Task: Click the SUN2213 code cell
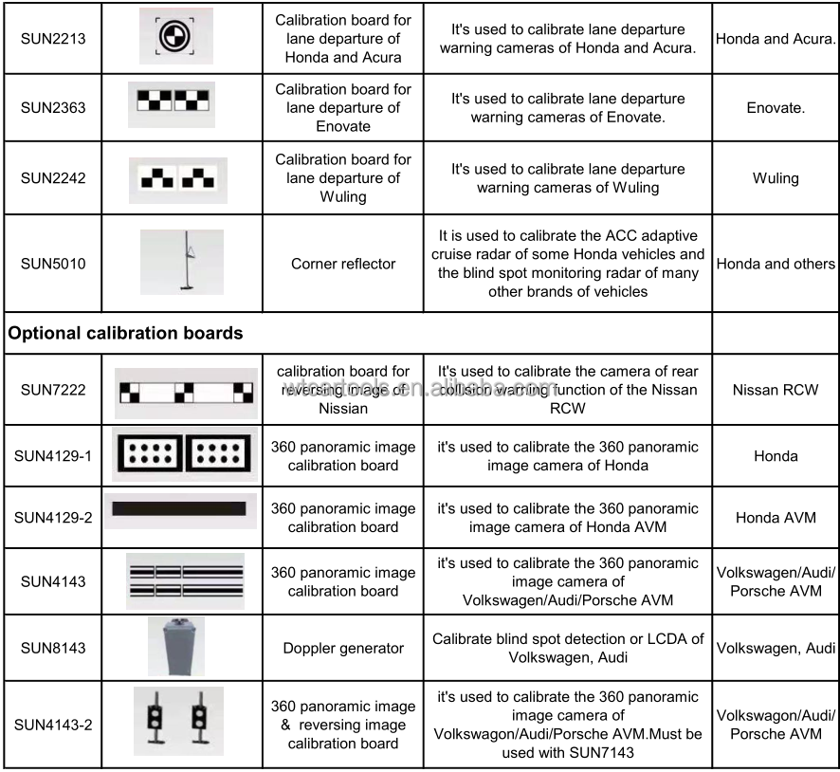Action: pos(53,38)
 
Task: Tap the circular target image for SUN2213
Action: pos(171,37)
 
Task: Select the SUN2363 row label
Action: pos(53,107)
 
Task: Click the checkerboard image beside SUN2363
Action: pos(172,104)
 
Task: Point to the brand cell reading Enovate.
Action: pos(776,107)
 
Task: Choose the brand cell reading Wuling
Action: pos(776,178)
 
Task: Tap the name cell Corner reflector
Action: pos(343,264)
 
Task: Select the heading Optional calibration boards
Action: pos(126,333)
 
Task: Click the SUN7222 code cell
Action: pos(53,390)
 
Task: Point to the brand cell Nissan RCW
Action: pos(776,390)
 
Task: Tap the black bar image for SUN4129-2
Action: pos(179,508)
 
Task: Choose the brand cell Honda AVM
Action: pos(776,518)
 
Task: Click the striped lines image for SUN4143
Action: pos(185,580)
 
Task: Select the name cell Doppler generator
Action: pos(343,649)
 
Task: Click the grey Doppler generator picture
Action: pos(175,647)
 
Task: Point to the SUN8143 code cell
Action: pos(53,649)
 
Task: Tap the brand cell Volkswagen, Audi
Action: pos(776,649)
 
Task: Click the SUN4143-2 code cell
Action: pos(53,725)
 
